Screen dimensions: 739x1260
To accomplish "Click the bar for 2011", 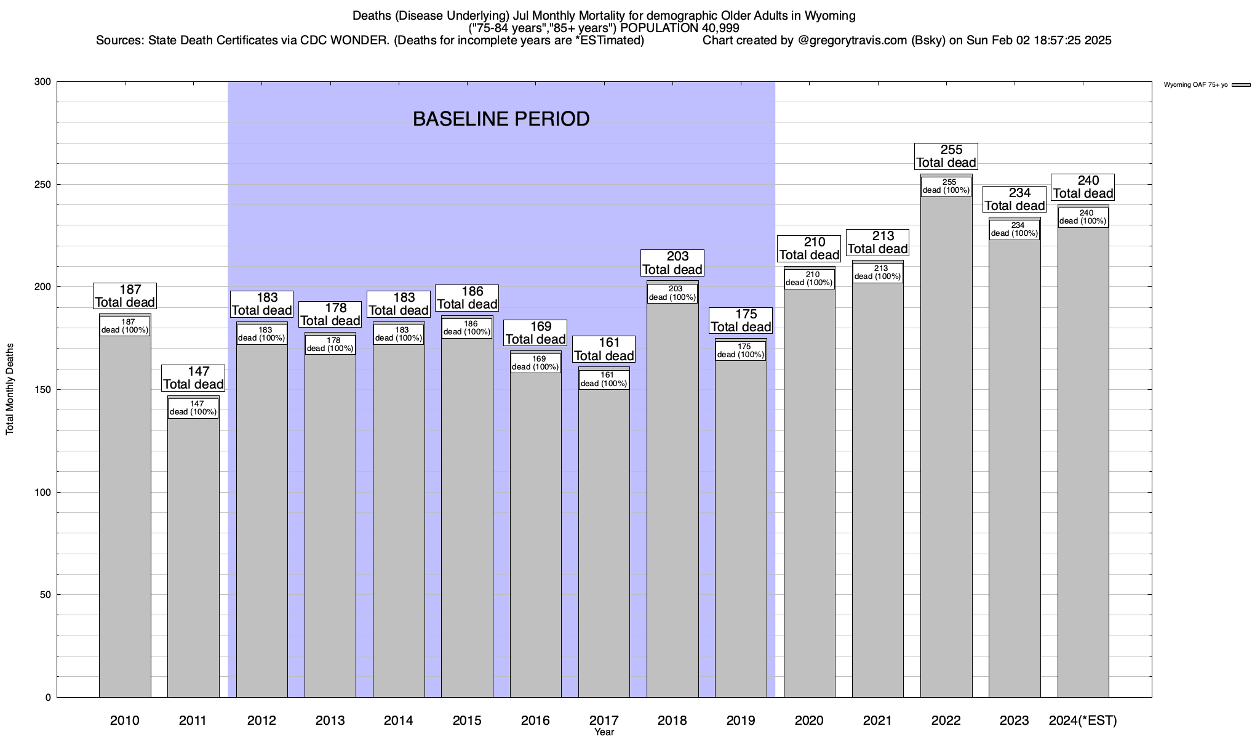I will point(193,554).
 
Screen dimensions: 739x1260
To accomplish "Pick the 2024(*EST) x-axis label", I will point(1083,721).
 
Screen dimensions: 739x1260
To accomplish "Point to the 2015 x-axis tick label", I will point(467,721).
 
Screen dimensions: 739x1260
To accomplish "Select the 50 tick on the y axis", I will point(46,595).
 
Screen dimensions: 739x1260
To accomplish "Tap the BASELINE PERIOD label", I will point(501,119).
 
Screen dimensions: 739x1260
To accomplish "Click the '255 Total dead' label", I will point(946,156).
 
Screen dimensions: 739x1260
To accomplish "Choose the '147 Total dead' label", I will point(193,378).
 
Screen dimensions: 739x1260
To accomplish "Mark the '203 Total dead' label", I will point(672,263).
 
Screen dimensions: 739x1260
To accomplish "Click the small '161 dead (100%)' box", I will point(604,379).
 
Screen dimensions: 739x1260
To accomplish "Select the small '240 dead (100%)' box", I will point(1083,217).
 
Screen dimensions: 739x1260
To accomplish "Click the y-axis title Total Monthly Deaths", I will point(10,389).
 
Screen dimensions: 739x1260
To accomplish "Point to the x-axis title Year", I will point(604,732).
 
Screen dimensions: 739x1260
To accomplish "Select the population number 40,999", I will point(719,28).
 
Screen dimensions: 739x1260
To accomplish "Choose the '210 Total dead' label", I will point(810,249).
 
